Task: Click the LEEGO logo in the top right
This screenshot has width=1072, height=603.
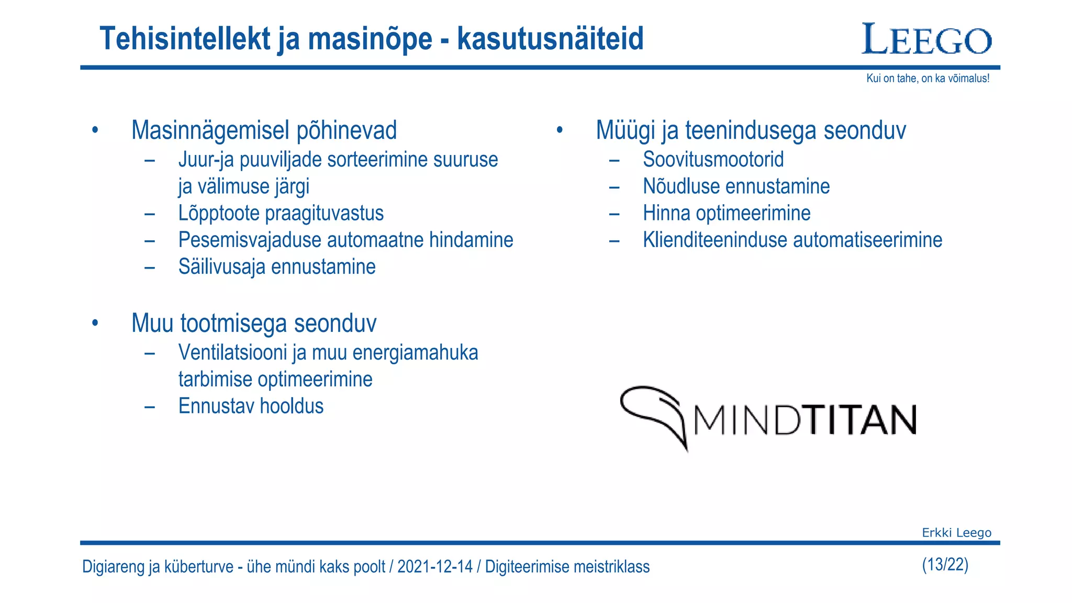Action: tap(926, 39)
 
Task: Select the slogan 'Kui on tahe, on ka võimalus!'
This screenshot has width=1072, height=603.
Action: tap(928, 79)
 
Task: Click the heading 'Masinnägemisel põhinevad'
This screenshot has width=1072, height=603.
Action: tap(264, 130)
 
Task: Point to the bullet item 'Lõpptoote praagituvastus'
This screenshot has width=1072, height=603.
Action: tap(281, 214)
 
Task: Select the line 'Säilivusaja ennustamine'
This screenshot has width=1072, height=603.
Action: tap(277, 267)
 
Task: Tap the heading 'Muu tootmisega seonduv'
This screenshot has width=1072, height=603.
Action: tap(254, 323)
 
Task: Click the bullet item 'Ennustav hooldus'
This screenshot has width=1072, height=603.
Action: tap(251, 406)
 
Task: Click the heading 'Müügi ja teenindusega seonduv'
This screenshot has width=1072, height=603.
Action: tap(751, 130)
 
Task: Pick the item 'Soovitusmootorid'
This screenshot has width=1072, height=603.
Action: tap(713, 160)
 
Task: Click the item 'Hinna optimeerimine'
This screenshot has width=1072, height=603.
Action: tap(727, 214)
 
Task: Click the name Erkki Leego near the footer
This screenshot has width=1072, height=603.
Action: tap(956, 533)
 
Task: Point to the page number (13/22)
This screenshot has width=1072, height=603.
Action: tap(945, 565)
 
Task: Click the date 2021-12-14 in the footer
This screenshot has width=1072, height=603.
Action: tap(434, 567)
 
